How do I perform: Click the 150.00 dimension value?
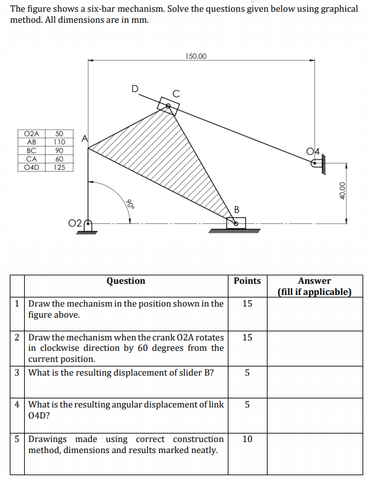196,57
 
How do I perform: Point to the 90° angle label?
130,202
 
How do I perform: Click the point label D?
135,89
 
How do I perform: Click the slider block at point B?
236,223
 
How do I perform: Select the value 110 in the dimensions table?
59,141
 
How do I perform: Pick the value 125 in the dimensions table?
59,167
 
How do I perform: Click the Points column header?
247,281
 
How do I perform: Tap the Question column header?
126,281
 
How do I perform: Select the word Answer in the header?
314,281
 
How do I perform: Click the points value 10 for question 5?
247,439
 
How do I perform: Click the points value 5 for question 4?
247,404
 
